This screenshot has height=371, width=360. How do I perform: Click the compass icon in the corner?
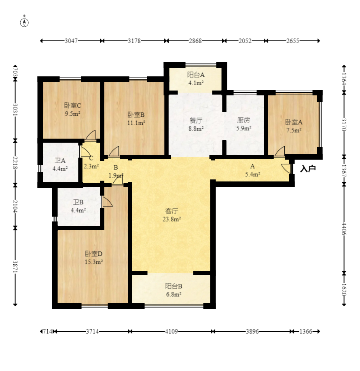[24, 21]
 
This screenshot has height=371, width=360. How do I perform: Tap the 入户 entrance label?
[308, 169]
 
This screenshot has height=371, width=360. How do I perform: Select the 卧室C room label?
[73, 105]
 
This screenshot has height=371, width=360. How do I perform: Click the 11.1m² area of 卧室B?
[136, 123]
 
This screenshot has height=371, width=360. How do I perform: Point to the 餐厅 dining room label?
[196, 120]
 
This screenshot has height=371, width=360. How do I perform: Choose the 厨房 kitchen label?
[244, 120]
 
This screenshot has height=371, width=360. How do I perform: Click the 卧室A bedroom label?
[294, 122]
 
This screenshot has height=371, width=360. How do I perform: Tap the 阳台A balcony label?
[196, 75]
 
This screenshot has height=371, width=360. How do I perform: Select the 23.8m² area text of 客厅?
[172, 219]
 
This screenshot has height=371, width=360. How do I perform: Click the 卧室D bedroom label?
[93, 254]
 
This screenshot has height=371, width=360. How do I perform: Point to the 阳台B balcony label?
[174, 286]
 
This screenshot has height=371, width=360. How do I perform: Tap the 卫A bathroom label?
[60, 161]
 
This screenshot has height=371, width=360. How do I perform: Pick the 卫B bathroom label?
[78, 202]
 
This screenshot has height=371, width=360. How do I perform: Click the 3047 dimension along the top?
[71, 41]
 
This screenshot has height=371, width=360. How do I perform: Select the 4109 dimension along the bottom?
[171, 331]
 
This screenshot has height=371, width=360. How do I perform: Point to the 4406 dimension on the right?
[344, 229]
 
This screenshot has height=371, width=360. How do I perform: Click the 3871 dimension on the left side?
[15, 267]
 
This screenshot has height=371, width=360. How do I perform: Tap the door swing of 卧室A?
[280, 152]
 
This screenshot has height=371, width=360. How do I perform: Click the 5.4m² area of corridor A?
[253, 175]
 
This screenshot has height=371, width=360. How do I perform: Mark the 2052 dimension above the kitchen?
[245, 41]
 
